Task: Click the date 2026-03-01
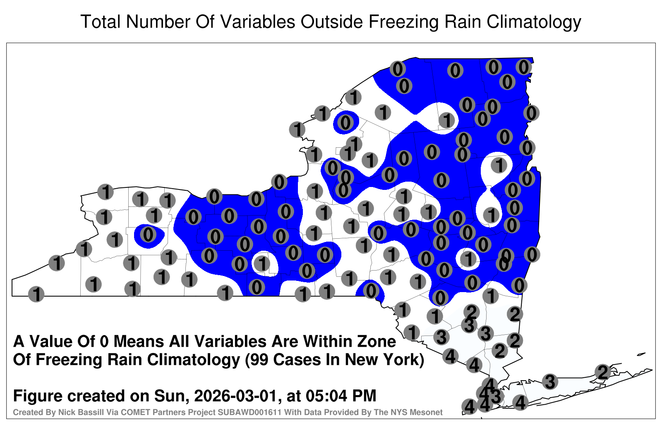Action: (236, 396)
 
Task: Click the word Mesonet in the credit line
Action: (427, 412)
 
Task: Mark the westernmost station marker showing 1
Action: (36, 294)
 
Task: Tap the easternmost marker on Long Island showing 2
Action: (602, 372)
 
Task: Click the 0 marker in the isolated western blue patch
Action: (148, 235)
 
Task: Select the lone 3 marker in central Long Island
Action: (550, 381)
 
